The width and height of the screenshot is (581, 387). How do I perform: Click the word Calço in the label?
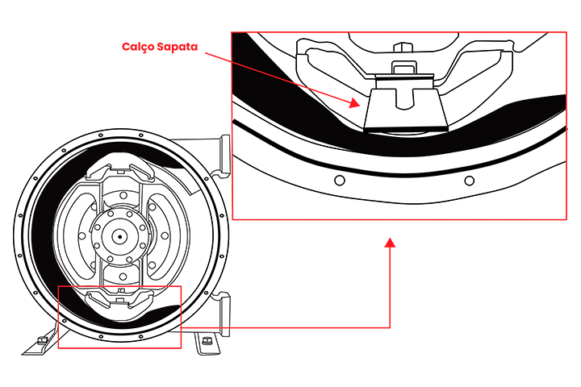139,46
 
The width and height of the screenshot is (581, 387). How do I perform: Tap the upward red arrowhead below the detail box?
391,243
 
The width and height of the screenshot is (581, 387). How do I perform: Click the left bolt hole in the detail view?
338,178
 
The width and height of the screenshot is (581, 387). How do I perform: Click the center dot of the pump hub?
119,237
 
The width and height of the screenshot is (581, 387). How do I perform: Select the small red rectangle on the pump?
119,317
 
